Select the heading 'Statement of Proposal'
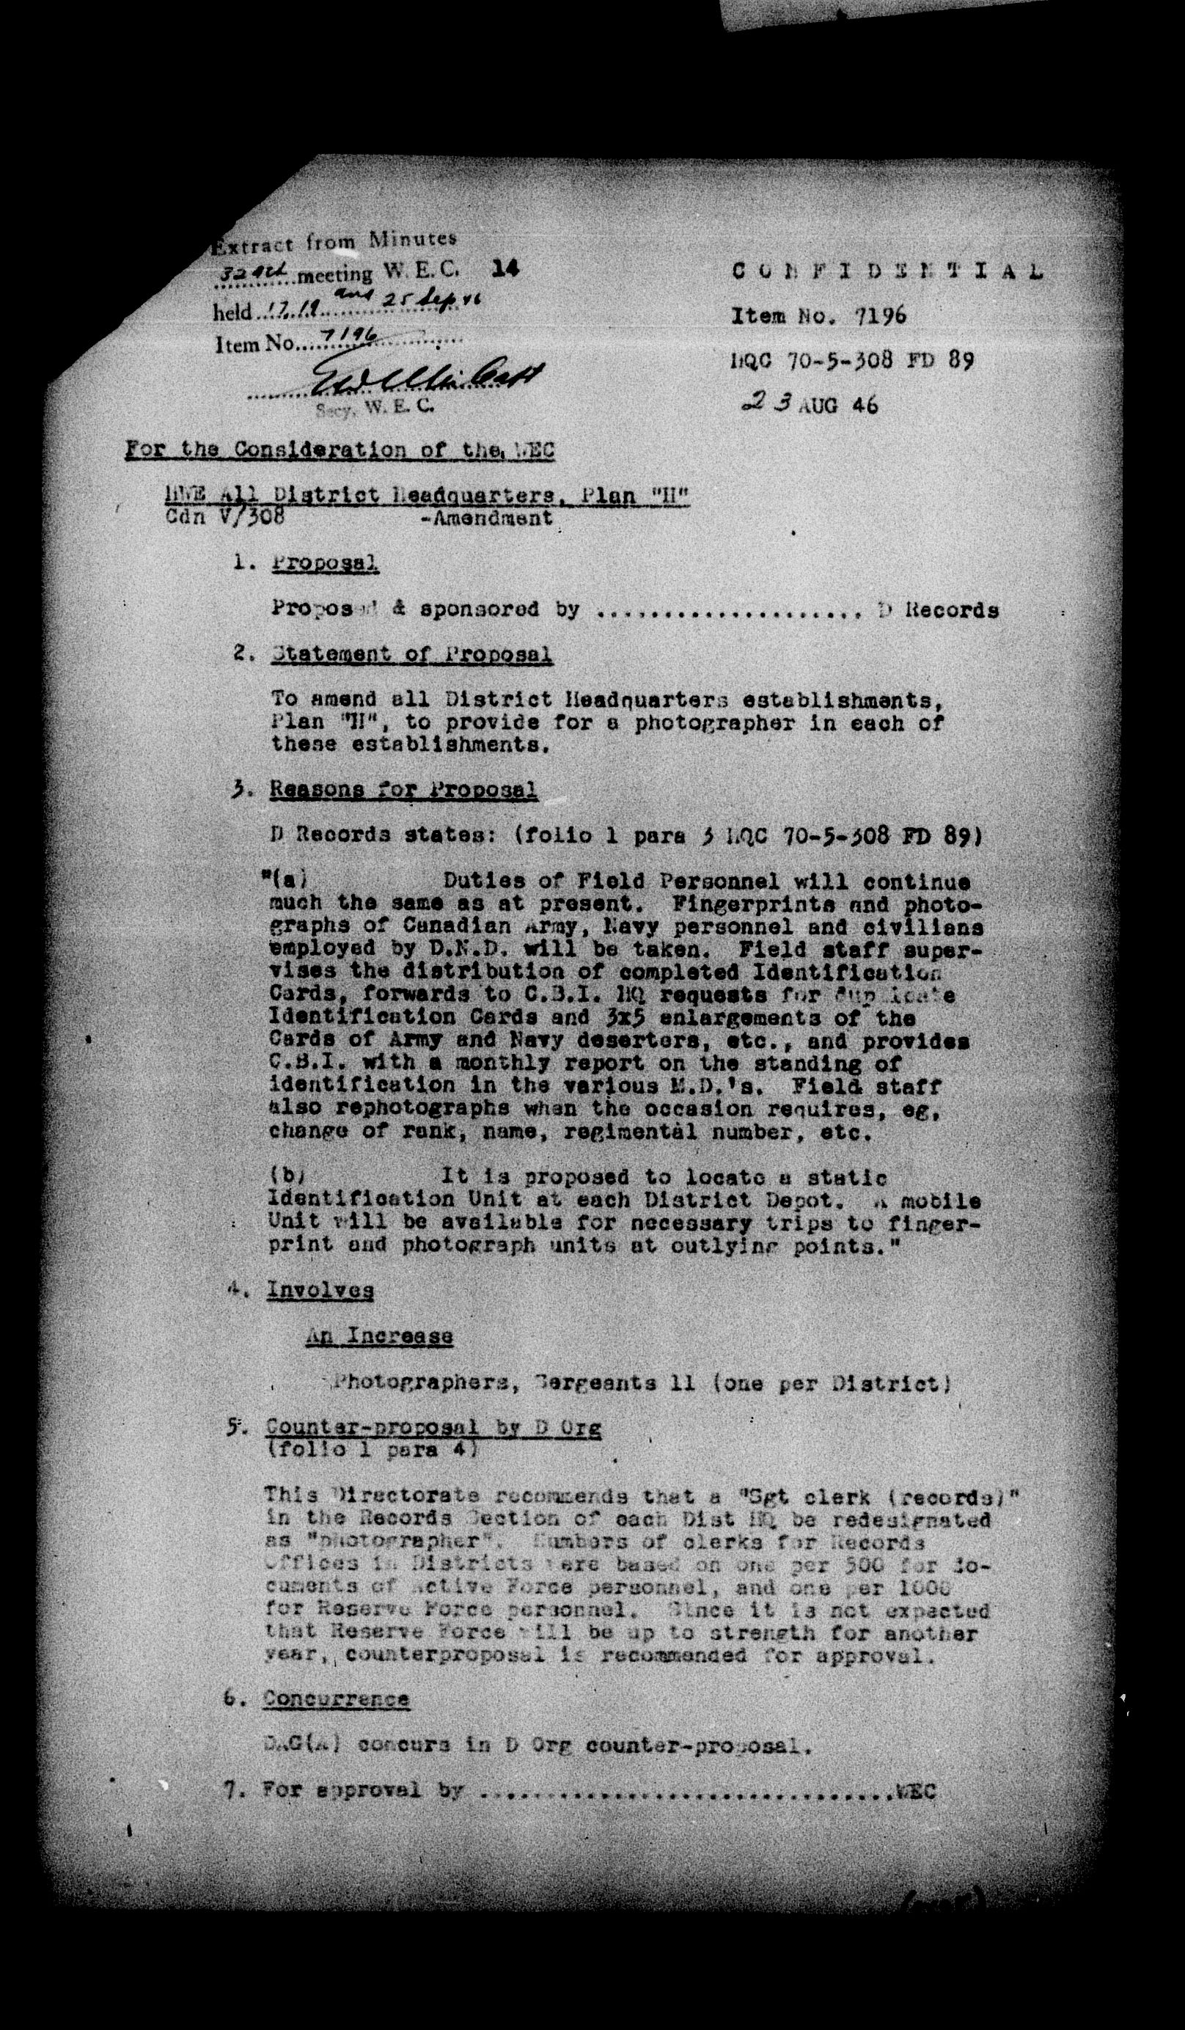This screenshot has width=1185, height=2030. (411, 653)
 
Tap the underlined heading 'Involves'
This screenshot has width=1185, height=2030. (320, 1291)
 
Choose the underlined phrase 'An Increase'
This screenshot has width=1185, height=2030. (378, 1336)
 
